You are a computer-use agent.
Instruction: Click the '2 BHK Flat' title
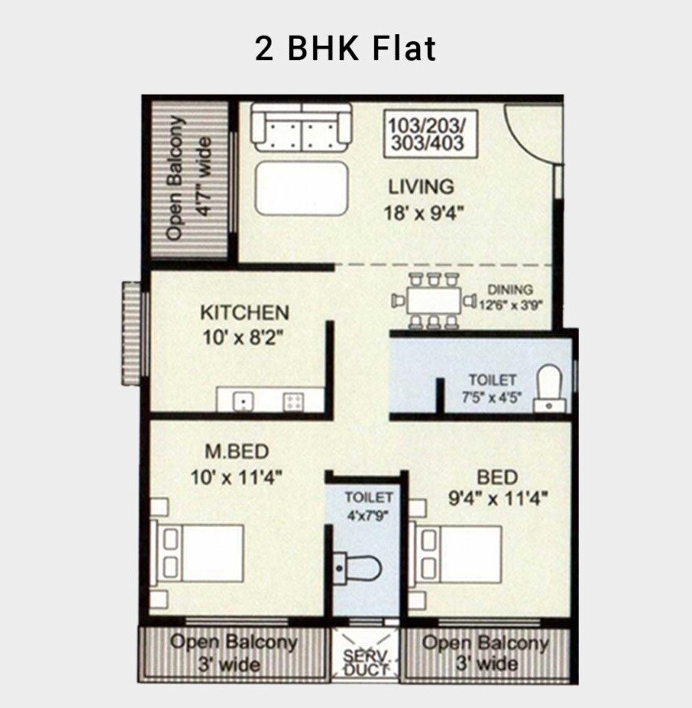[346, 49]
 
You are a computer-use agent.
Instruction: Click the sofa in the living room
[301, 127]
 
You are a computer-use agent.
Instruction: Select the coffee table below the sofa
[302, 189]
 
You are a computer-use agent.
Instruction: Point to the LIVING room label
[421, 187]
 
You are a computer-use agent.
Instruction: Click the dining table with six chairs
[434, 301]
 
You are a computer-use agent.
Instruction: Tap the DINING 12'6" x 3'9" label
[510, 297]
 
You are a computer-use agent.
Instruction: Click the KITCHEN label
[244, 312]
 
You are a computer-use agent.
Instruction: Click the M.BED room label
[236, 452]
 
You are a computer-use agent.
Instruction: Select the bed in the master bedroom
[200, 553]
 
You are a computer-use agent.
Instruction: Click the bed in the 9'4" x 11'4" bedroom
[456, 553]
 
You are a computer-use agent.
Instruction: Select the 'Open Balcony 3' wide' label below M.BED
[233, 653]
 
